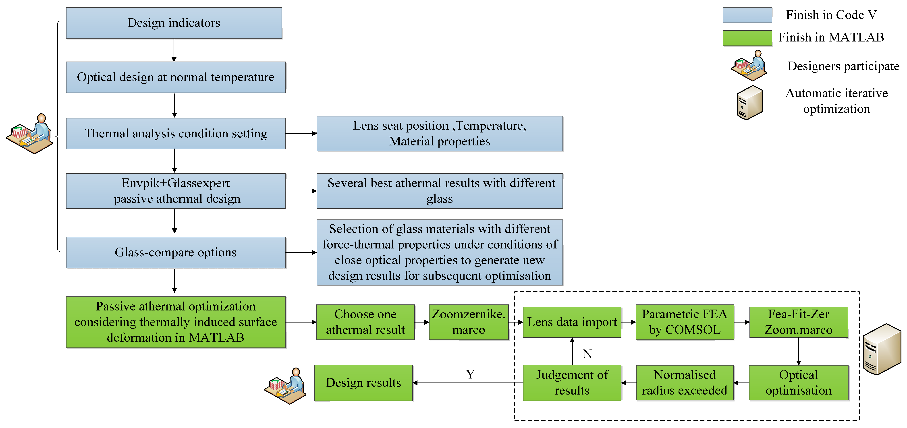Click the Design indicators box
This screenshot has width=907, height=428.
(174, 23)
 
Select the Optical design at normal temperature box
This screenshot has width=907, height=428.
(176, 77)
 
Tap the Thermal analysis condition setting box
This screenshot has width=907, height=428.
(176, 133)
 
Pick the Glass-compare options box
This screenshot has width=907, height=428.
(176, 252)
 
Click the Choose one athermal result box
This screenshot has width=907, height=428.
(365, 322)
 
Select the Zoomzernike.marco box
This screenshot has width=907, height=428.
(469, 322)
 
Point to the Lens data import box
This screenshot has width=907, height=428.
(572, 322)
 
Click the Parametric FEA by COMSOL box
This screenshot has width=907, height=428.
(685, 322)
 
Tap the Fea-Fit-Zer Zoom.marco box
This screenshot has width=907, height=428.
(799, 322)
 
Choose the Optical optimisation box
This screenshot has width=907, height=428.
(799, 383)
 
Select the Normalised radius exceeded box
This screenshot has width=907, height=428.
(685, 383)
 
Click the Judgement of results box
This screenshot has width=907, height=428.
(572, 383)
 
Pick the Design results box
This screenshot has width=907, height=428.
(363, 383)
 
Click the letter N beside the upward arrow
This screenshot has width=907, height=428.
(587, 354)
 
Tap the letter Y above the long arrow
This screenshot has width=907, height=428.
(470, 374)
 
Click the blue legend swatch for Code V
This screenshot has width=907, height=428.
(747, 15)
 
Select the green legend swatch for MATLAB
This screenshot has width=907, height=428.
(747, 38)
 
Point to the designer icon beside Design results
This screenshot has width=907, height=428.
(285, 386)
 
